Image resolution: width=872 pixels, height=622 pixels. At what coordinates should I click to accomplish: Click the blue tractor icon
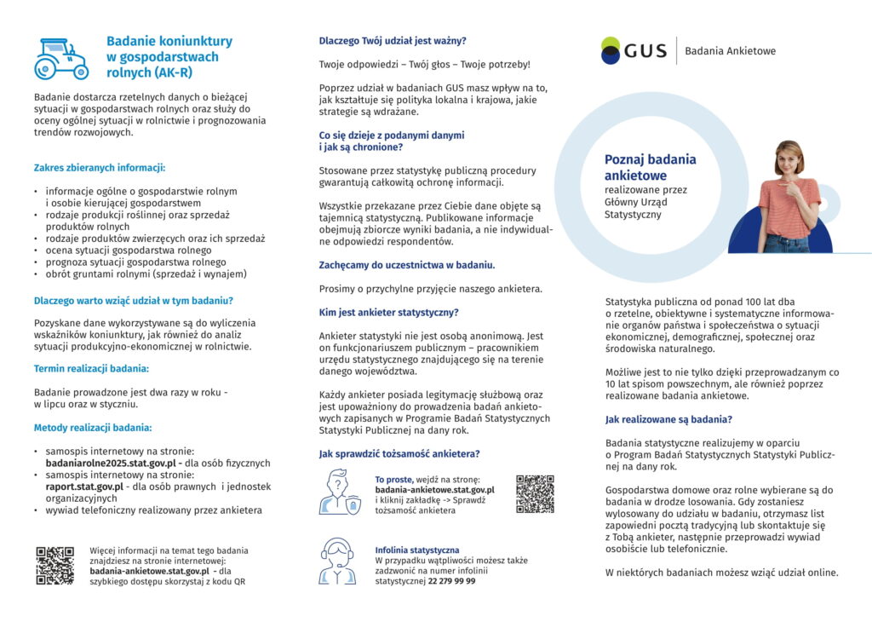(61, 58)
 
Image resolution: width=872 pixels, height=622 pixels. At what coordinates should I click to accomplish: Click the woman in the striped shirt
(789, 198)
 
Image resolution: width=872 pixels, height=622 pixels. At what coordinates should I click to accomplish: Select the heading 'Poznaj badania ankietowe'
(650, 167)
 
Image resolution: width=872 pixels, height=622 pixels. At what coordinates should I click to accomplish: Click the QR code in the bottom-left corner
(54, 565)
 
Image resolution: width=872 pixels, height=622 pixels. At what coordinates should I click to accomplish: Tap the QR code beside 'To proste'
(535, 494)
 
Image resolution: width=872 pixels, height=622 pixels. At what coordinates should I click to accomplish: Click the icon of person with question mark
(339, 492)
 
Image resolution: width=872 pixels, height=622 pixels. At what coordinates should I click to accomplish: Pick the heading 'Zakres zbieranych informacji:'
(99, 168)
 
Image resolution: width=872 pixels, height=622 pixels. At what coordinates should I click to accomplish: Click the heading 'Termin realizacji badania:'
(91, 369)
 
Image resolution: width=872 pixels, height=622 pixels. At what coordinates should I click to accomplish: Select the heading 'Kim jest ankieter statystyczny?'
(388, 313)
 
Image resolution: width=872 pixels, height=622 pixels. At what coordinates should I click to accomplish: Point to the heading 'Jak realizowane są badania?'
(668, 420)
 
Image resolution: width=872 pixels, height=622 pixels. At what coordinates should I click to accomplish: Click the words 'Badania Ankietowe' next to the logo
(730, 51)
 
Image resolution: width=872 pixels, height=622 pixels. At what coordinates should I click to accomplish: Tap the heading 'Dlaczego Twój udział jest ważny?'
(392, 41)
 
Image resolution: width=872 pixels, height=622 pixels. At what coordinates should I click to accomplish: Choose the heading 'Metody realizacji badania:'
(92, 428)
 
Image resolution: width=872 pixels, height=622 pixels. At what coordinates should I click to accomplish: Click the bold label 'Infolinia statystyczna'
(416, 550)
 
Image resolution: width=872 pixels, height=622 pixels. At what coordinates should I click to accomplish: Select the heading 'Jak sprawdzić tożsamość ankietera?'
(399, 454)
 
